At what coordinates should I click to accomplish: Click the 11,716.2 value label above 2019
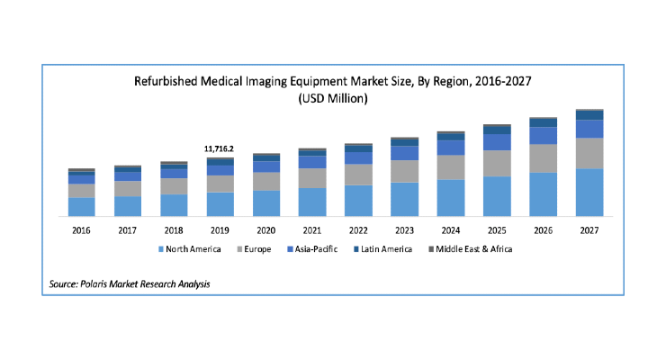pos(219,149)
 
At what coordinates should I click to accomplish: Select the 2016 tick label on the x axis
pos(81,230)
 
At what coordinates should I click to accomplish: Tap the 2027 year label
pos(589,230)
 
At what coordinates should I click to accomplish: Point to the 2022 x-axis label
pos(358,230)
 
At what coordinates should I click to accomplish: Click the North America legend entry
pos(189,249)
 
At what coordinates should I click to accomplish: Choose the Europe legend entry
pos(254,249)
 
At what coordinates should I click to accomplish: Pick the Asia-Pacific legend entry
pos(312,249)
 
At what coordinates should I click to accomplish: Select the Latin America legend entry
pos(382,249)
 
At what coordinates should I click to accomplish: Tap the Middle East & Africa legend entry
pos(470,249)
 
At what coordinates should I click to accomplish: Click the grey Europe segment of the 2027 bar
pos(589,153)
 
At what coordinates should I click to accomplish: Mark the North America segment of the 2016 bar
pos(82,207)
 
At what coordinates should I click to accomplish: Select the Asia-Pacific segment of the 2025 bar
pos(497,142)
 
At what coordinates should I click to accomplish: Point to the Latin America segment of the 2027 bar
pos(589,115)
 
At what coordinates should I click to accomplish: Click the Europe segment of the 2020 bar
pos(266,181)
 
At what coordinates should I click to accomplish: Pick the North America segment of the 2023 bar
pos(404,199)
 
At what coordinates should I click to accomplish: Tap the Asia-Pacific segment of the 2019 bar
pos(220,170)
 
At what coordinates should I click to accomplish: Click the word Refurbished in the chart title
pos(166,81)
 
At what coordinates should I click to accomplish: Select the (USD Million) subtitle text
pos(333,98)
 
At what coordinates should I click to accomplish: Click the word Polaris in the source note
pos(94,284)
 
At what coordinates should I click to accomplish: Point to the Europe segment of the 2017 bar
pos(128,188)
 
